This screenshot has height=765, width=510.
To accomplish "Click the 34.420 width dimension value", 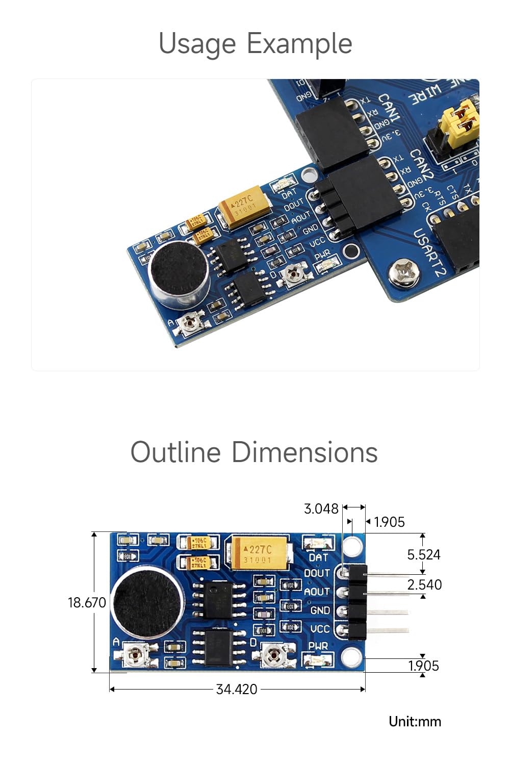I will (x=237, y=690).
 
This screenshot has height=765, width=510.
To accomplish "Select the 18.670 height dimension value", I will (x=87, y=602).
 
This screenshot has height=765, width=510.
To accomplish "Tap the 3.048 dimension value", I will (x=321, y=508).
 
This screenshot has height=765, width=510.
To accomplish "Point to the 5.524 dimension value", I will (x=423, y=554).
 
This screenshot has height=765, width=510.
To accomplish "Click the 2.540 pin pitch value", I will (x=424, y=584).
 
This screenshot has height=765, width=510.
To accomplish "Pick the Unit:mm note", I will (x=415, y=721).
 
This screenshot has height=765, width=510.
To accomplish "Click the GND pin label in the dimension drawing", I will (x=320, y=610).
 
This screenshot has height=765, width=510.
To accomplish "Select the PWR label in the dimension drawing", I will (x=318, y=646).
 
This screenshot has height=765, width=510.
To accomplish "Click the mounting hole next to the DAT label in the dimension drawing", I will (x=352, y=546).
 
